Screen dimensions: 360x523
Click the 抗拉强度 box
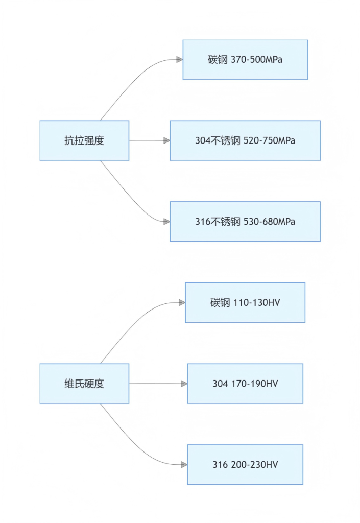[x=84, y=140]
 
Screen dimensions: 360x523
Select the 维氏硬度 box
[x=84, y=384]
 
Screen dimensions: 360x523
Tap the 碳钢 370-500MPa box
[x=245, y=60]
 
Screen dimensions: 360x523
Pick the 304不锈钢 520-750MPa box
[x=245, y=140]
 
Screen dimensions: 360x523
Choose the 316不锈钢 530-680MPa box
[x=245, y=222]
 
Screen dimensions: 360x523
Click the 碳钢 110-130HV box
[x=245, y=302]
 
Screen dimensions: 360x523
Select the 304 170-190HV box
[x=245, y=384]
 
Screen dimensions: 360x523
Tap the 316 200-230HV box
[x=245, y=465]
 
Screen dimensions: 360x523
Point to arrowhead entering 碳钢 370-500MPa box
[x=180, y=60]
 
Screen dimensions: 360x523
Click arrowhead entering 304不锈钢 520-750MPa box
[x=167, y=140]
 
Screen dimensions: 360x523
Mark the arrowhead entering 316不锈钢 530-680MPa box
[x=167, y=222]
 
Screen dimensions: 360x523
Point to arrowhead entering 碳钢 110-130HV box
[x=182, y=302]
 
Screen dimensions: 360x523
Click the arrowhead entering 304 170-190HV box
[x=184, y=384]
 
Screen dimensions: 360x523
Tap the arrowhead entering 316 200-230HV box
[x=184, y=465]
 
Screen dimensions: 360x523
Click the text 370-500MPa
[x=257, y=60]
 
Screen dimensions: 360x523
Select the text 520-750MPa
[x=269, y=140]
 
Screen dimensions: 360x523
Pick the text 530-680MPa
[x=269, y=222]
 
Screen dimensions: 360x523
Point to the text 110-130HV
[x=257, y=302]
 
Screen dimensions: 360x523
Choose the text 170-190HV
[x=255, y=384]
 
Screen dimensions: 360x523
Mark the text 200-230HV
[x=255, y=465]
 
